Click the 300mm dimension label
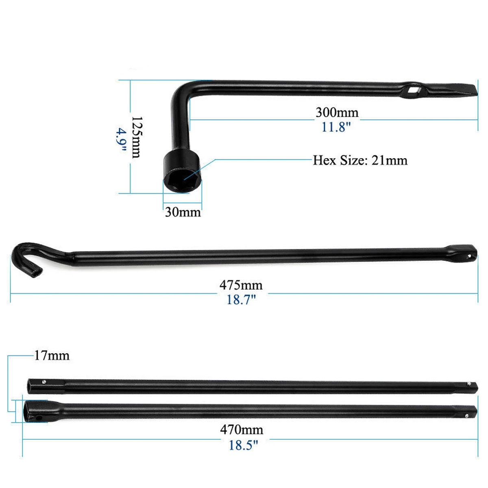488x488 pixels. pos(337,112)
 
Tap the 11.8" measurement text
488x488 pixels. pos(336,127)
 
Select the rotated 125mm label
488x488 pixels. pos(136,137)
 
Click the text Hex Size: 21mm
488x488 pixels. pos(360,160)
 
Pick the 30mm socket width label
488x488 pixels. pos(183,212)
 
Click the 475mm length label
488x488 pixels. pos(241,285)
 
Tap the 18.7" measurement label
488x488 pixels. pos(241,300)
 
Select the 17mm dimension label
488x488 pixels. pos(51,356)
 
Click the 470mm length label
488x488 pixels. pos(242,429)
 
